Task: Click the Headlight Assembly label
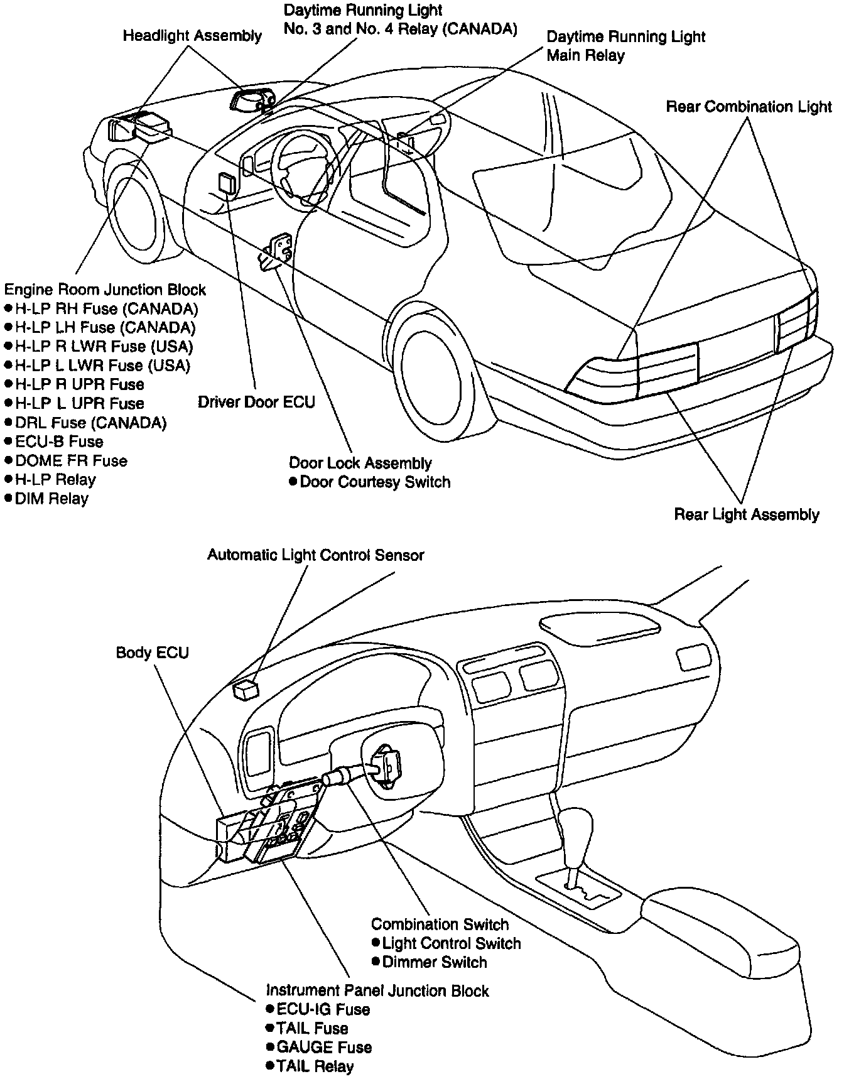pos(192,36)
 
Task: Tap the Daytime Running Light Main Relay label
pos(625,46)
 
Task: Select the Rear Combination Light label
pos(749,107)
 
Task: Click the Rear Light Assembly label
pos(747,515)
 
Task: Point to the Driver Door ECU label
pos(256,402)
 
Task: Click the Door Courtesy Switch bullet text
pos(376,482)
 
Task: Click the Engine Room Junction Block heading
pos(105,290)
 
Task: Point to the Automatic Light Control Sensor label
pos(316,555)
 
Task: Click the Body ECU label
pos(152,653)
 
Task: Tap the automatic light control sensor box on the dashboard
pos(246,689)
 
